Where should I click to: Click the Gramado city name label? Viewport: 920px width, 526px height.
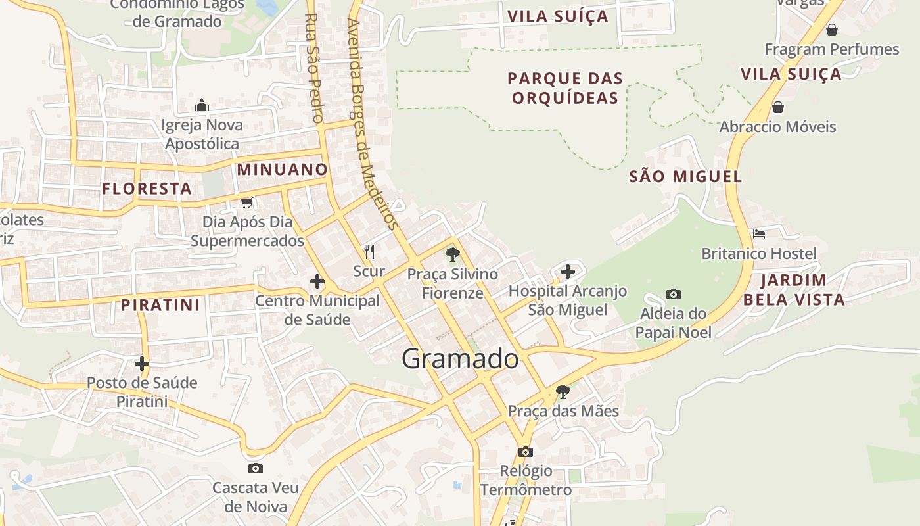tap(460, 359)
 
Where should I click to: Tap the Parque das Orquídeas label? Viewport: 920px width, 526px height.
tap(565, 88)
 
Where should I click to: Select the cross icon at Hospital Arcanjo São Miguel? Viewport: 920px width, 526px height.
tap(568, 271)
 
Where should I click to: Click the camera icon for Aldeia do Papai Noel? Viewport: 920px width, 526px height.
tap(673, 294)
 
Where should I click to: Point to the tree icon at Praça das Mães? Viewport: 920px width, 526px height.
tap(563, 392)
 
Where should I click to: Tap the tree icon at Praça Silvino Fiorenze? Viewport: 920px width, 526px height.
tap(452, 254)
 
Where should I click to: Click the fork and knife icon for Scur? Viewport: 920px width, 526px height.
tap(369, 251)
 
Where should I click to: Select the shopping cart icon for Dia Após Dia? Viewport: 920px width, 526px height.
tap(247, 203)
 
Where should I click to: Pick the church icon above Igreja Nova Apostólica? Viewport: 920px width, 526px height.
tap(202, 105)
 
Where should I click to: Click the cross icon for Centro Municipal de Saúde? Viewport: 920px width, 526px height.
tap(317, 282)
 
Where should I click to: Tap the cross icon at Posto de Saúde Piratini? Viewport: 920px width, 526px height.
tap(142, 363)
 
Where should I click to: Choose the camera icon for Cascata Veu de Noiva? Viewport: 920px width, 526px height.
tap(256, 468)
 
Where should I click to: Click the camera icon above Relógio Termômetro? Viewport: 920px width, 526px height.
tap(525, 452)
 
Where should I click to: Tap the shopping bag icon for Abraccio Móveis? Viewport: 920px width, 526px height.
tap(778, 107)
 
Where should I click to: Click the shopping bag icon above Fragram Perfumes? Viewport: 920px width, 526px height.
tap(831, 30)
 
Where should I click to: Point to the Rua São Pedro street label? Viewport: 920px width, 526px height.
tap(314, 68)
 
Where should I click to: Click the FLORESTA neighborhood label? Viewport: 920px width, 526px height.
tap(147, 189)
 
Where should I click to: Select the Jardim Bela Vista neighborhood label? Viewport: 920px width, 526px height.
tap(794, 290)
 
